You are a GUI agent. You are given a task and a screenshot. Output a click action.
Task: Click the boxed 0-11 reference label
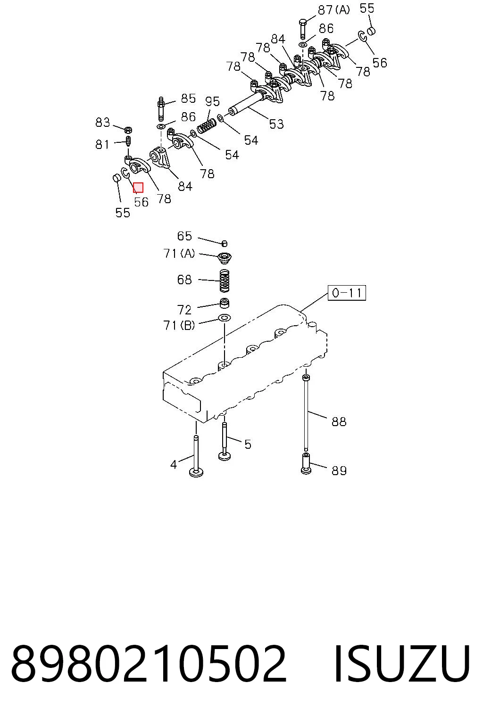pos(347,293)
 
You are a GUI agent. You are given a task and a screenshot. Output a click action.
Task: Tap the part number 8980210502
pos(149,664)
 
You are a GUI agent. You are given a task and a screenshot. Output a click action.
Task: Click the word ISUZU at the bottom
pos(402,664)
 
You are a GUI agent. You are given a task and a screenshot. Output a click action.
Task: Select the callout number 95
pos(213,101)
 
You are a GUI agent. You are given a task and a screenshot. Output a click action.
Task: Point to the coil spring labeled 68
pos(225,280)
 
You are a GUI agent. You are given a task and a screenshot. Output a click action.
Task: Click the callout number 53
pos(276,124)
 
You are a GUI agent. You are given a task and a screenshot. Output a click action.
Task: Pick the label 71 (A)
pos(179,254)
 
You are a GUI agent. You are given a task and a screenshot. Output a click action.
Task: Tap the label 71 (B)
pos(179,325)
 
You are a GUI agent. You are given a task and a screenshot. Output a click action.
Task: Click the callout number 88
pos(339,421)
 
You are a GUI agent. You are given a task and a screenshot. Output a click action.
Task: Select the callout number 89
pos(339,470)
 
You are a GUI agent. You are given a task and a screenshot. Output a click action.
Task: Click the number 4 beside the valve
pos(174,465)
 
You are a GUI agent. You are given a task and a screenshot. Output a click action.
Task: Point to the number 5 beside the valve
pos(248,445)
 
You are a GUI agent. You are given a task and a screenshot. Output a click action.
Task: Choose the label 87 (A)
pos(334,10)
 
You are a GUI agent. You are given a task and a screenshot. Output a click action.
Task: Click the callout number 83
pos(102,123)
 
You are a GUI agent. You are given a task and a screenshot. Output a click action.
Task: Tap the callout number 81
pos(102,145)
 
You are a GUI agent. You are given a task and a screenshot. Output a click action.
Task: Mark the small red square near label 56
pos(138,188)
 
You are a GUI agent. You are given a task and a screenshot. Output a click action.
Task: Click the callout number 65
pos(184,236)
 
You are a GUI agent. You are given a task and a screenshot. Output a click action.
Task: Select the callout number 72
pos(184,310)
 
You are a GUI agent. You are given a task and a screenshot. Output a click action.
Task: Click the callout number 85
pos(188,98)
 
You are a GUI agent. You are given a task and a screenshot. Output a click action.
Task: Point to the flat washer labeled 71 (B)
pos(224,317)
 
